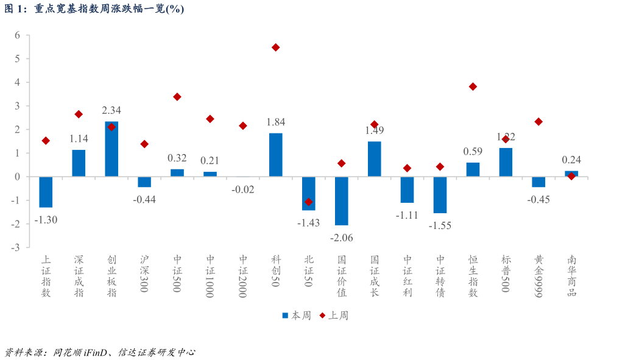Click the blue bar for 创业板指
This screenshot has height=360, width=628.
coord(111,149)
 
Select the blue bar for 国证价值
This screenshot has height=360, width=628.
coord(342,201)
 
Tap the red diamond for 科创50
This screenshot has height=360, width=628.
coord(276,48)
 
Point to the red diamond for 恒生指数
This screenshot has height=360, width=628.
coord(473,86)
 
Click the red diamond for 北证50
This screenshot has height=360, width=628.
coord(309,202)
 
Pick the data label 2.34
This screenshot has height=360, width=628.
coord(111,110)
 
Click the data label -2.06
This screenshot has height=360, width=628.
coord(342,238)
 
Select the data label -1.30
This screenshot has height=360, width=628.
coord(46,220)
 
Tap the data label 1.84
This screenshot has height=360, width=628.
coord(276,122)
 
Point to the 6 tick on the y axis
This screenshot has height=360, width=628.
coord(18,35)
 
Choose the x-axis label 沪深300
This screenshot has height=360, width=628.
coord(144,274)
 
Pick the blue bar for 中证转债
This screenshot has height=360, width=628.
coord(440,195)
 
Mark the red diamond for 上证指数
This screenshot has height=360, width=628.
coord(46,141)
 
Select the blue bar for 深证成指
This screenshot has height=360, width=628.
coord(79,163)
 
